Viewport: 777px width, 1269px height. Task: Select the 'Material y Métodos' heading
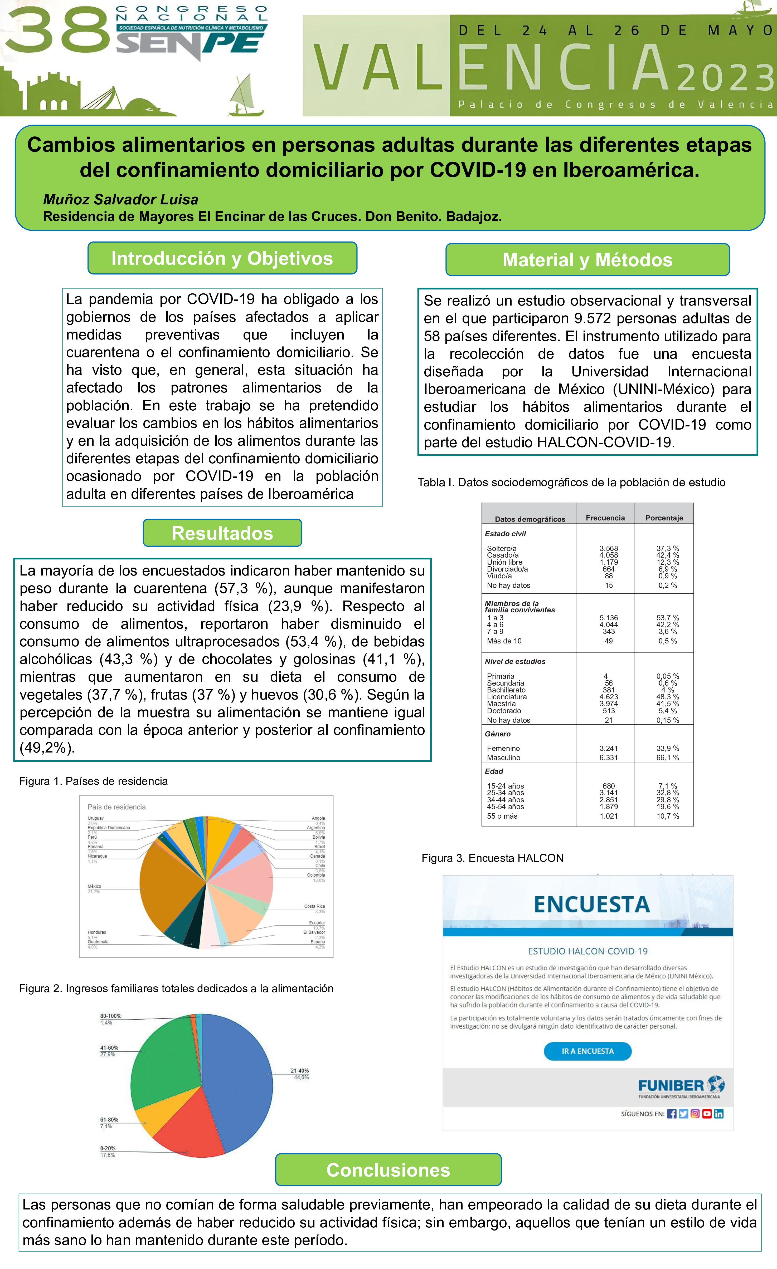(x=587, y=260)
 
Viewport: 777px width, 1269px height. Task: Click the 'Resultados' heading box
(x=222, y=533)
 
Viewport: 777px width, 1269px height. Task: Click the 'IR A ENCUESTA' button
(x=587, y=1051)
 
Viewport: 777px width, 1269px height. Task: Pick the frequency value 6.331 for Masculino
(x=609, y=758)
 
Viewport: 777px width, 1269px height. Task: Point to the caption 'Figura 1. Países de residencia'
(x=93, y=781)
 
